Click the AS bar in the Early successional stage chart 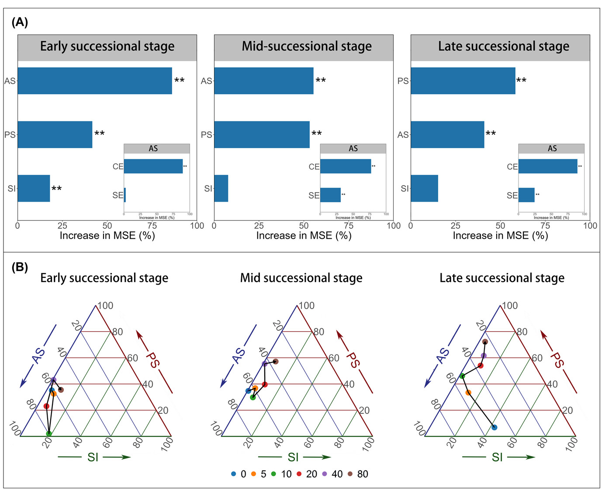(95, 81)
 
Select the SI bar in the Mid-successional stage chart (221, 189)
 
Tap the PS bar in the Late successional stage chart (463, 81)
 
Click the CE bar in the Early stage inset (153, 166)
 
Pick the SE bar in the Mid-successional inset (330, 195)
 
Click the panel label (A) (20, 22)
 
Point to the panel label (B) (20, 267)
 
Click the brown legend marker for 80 (350, 474)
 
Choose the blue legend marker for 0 (234, 474)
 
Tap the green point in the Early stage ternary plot (49, 433)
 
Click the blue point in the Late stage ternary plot (494, 427)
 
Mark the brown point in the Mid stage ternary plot (276, 361)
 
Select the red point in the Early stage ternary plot (46, 406)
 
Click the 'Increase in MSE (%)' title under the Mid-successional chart (304, 236)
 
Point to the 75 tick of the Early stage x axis (152, 226)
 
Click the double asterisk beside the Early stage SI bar (57, 189)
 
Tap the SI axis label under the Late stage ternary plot (497, 457)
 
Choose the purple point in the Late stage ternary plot (483, 356)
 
